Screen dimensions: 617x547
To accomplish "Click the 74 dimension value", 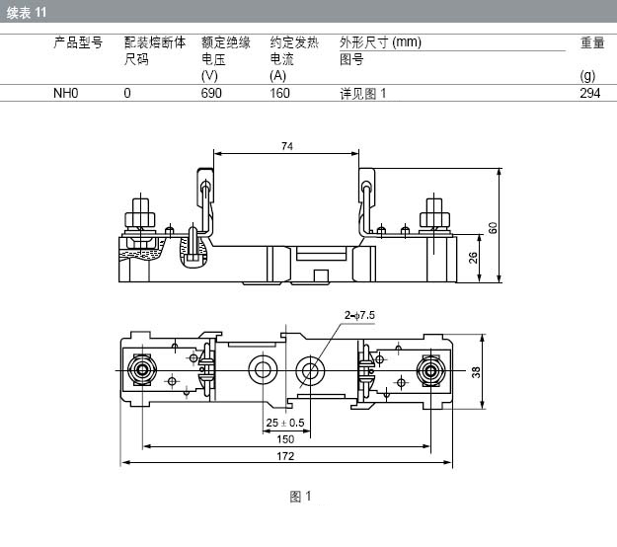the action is pyautogui.click(x=287, y=146).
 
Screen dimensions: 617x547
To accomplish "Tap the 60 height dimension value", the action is pyautogui.click(x=493, y=228).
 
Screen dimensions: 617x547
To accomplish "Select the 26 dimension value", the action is pyautogui.click(x=473, y=258).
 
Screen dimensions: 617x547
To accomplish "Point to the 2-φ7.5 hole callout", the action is pyautogui.click(x=359, y=315).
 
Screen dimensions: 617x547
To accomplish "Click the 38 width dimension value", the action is pyautogui.click(x=476, y=372).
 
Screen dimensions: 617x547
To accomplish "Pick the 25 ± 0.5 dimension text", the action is pyautogui.click(x=285, y=423).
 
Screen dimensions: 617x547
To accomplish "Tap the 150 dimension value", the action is pyautogui.click(x=285, y=439).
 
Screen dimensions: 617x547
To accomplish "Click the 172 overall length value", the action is pyautogui.click(x=285, y=456).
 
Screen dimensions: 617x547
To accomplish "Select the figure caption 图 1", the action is pyautogui.click(x=301, y=497).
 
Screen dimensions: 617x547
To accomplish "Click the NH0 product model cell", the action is pyautogui.click(x=66, y=93).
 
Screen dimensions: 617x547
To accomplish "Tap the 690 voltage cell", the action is pyautogui.click(x=211, y=93).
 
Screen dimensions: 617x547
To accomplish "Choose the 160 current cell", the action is pyautogui.click(x=279, y=93).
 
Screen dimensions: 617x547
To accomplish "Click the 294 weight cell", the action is pyautogui.click(x=589, y=93).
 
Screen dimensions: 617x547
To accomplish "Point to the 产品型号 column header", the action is pyautogui.click(x=78, y=42).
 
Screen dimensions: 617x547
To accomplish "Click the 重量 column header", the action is pyautogui.click(x=592, y=42).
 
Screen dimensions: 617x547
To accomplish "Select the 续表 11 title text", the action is pyautogui.click(x=27, y=13).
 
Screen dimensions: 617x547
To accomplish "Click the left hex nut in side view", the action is pyautogui.click(x=140, y=219).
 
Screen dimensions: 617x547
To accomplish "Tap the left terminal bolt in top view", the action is pyautogui.click(x=142, y=370).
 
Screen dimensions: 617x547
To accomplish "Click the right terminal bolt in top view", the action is pyautogui.click(x=430, y=370).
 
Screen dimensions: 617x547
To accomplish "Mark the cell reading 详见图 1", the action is pyautogui.click(x=363, y=94).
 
